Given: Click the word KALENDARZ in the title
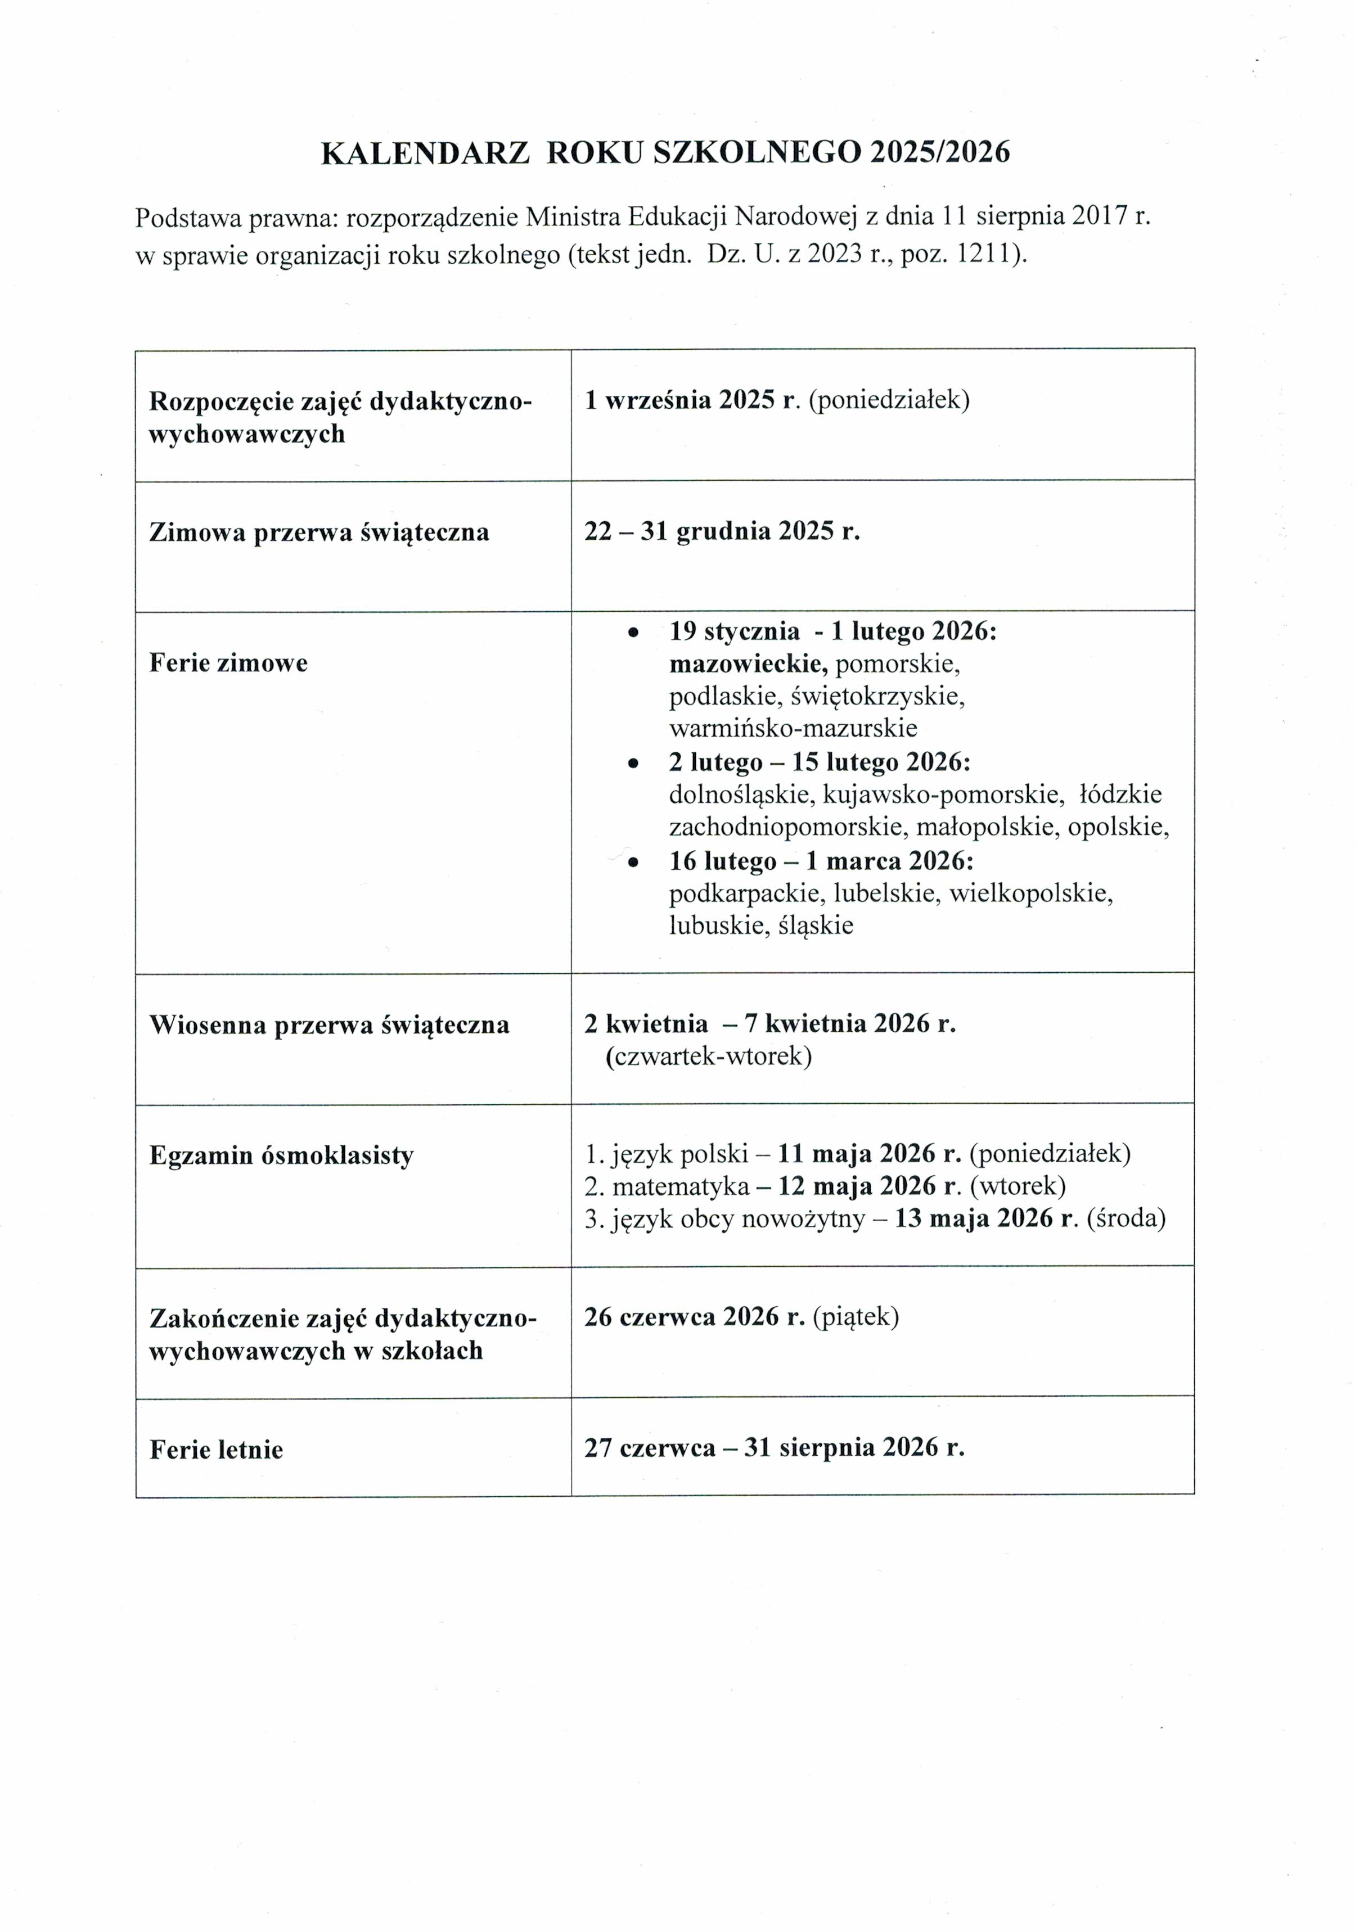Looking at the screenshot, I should pos(425,152).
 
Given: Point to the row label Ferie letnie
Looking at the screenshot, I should pos(217,1449).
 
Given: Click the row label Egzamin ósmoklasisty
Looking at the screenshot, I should pos(281,1155).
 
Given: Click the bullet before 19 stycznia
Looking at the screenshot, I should pos(633,632).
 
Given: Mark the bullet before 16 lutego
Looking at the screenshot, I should pos(633,861).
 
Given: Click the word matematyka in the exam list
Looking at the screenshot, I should pos(680,1186).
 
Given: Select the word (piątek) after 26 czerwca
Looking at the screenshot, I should pos(855,1317).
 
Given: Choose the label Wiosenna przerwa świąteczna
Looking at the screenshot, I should pos(329,1025).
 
